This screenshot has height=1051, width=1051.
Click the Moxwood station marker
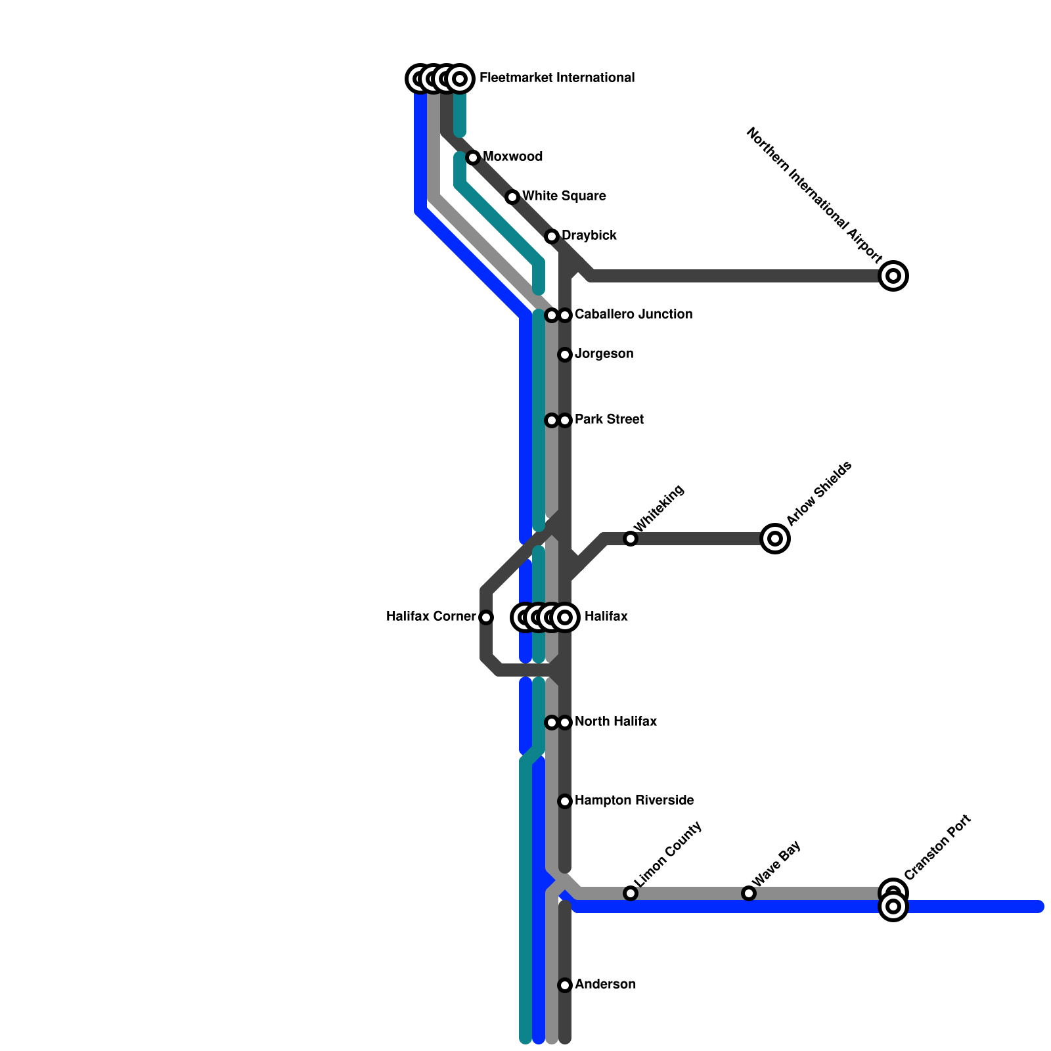click(x=473, y=158)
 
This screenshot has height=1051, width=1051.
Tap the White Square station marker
click(x=512, y=197)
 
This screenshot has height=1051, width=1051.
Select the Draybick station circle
click(x=552, y=236)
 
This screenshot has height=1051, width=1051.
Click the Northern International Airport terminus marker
click(x=893, y=276)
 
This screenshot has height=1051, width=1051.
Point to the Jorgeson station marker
click(x=565, y=355)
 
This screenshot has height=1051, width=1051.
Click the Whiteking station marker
click(x=631, y=539)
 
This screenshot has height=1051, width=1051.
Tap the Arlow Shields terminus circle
click(x=775, y=539)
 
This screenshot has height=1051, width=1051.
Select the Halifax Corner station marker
click(x=486, y=617)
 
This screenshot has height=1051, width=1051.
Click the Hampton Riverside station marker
click(x=565, y=801)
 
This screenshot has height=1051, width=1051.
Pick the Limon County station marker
click(x=631, y=893)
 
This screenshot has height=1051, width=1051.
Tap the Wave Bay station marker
click(x=749, y=893)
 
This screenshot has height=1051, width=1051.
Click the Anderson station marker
click(x=565, y=985)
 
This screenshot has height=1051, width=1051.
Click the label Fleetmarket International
click(x=557, y=78)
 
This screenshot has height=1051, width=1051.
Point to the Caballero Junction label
click(x=633, y=315)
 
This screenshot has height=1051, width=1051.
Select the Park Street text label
click(x=609, y=420)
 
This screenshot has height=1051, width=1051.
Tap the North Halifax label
click(x=615, y=722)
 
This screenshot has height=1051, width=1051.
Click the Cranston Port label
click(x=937, y=847)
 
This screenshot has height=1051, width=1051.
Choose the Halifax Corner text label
click(x=431, y=617)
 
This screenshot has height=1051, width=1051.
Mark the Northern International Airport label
click(x=815, y=194)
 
